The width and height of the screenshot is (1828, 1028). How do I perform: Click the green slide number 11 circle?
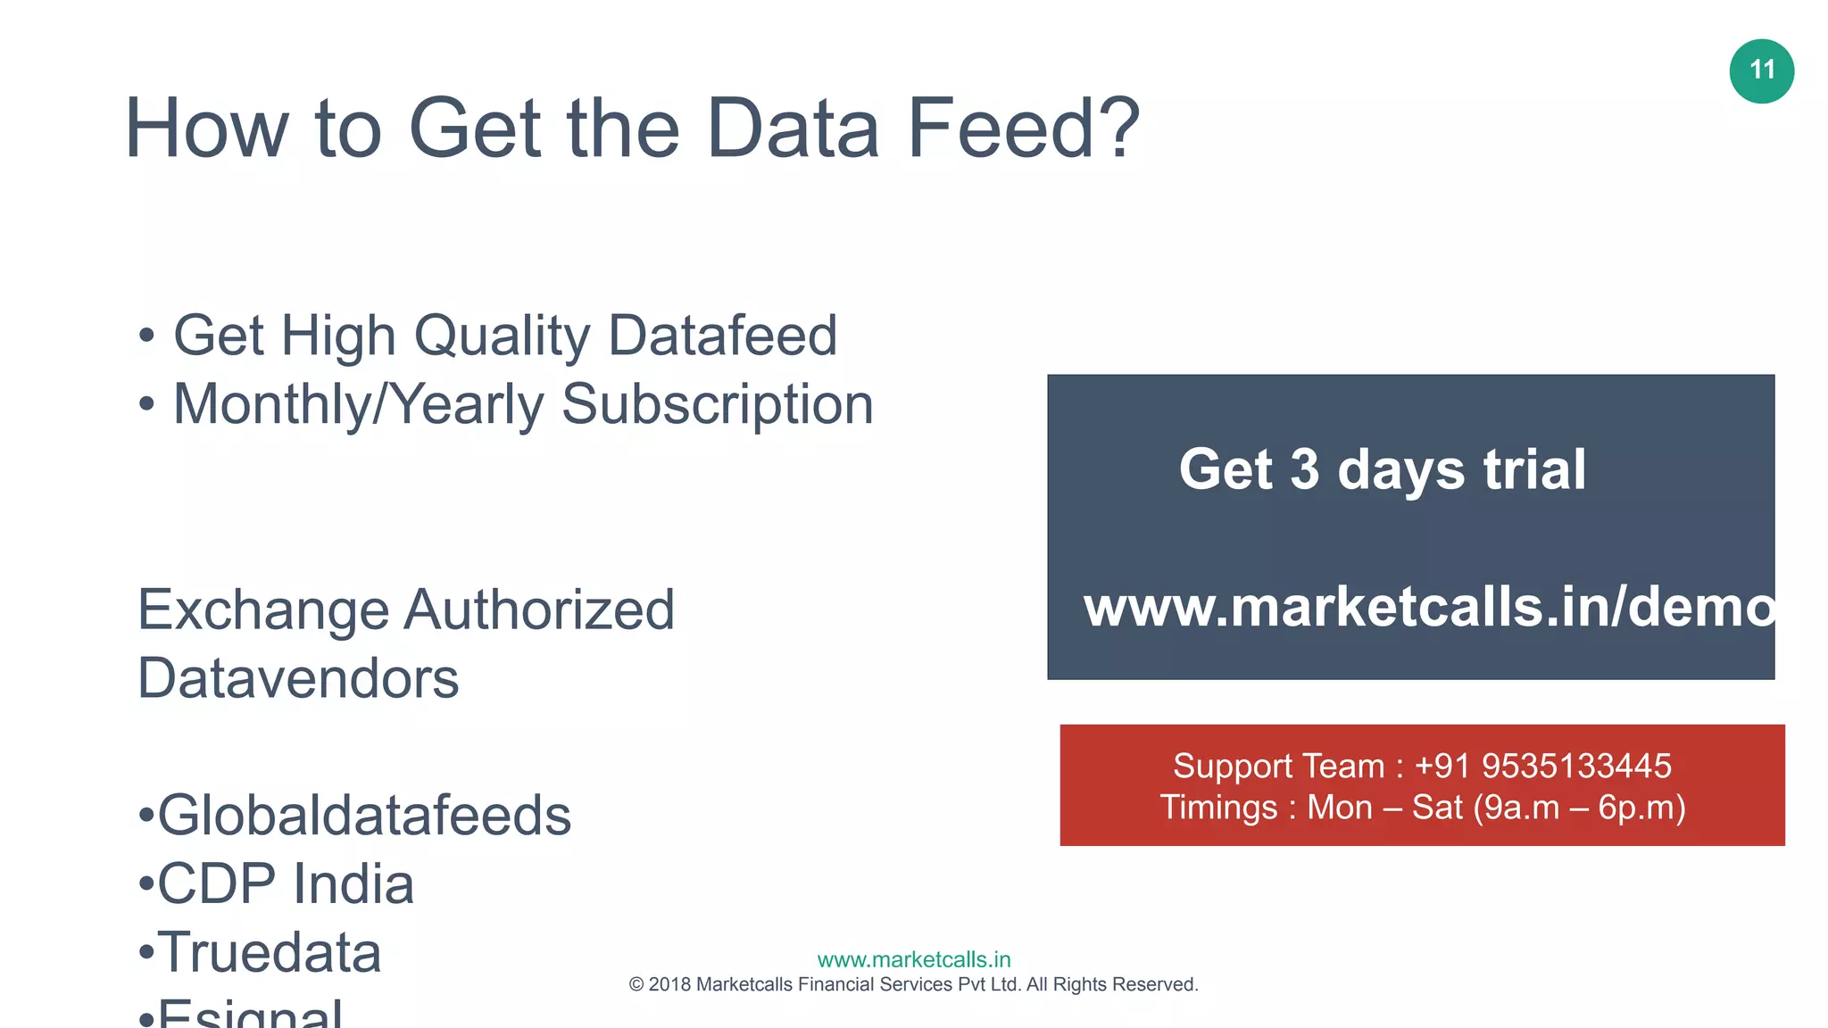click(1761, 71)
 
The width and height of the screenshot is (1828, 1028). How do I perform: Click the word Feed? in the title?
click(1023, 129)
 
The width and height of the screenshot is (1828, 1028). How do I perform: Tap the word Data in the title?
click(792, 129)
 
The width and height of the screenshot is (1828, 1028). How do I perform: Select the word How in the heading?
click(206, 129)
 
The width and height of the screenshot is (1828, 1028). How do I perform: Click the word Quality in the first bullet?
click(502, 337)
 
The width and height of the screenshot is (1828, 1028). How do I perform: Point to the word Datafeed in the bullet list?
click(722, 336)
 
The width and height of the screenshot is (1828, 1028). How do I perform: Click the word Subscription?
click(717, 405)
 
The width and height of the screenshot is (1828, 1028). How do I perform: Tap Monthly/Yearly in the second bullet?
click(358, 405)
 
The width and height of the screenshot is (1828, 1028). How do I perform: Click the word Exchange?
click(262, 610)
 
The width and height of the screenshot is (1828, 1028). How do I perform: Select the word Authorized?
click(539, 610)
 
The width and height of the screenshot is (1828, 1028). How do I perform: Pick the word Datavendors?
click(298, 679)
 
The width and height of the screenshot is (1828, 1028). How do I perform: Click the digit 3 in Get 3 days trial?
click(1304, 469)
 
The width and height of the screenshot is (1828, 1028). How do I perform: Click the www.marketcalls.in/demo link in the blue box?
click(1428, 608)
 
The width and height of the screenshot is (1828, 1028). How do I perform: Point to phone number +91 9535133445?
click(1542, 766)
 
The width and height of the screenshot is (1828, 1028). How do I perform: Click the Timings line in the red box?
click(1423, 808)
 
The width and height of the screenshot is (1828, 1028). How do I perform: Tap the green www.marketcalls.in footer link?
click(914, 960)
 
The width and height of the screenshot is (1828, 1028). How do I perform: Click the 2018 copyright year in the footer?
click(669, 985)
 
